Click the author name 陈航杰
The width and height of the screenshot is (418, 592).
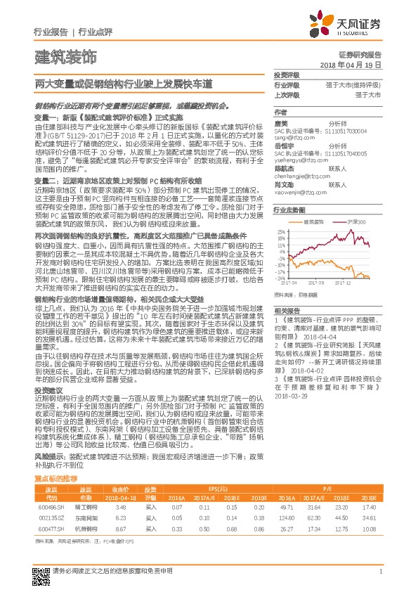(x=284, y=169)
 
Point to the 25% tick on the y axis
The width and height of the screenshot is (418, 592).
(x=281, y=230)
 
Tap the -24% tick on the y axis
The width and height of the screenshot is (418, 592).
(x=280, y=278)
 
